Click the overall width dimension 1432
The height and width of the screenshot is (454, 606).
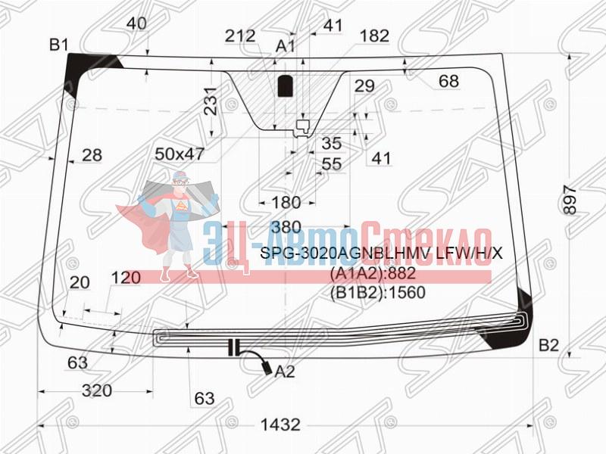tap(280, 425)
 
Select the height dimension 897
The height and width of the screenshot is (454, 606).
tap(570, 200)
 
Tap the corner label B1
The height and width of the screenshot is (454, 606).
tap(59, 45)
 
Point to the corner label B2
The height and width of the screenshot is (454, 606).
tap(548, 345)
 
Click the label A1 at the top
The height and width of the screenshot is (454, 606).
tap(286, 46)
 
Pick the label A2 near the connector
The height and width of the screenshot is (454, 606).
tap(285, 372)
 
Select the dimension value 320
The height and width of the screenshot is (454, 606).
tap(97, 390)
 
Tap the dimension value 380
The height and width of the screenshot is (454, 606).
tap(286, 227)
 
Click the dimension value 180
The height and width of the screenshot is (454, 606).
tap(286, 203)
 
